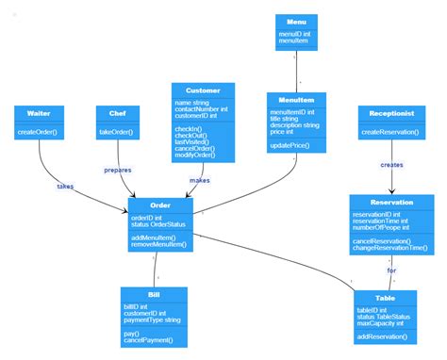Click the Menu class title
pyautogui.click(x=297, y=21)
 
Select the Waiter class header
pyautogui.click(x=39, y=114)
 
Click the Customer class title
pyautogui.click(x=203, y=90)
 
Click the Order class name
pyautogui.click(x=161, y=205)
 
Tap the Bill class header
pyautogui.click(x=155, y=295)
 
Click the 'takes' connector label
pyautogui.click(x=65, y=186)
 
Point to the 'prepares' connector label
pyautogui.click(x=117, y=170)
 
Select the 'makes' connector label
pyautogui.click(x=199, y=180)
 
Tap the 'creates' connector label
pyautogui.click(x=391, y=164)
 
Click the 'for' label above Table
pyautogui.click(x=391, y=270)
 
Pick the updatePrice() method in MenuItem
pyautogui.click(x=290, y=145)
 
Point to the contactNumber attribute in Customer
pyautogui.click(x=199, y=109)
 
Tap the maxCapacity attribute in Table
pyautogui.click(x=380, y=323)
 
